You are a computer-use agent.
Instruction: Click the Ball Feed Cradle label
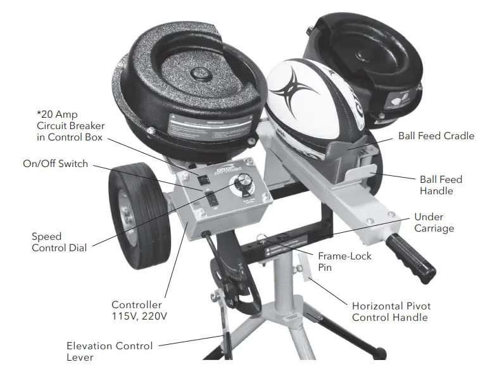pyautogui.click(x=436, y=136)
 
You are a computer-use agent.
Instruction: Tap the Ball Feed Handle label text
pyautogui.click(x=441, y=185)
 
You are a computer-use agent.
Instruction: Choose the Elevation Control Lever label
pyautogui.click(x=110, y=351)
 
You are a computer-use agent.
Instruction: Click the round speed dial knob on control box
pyautogui.click(x=241, y=186)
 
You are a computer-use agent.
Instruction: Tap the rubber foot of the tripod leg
pyautogui.click(x=379, y=350)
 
